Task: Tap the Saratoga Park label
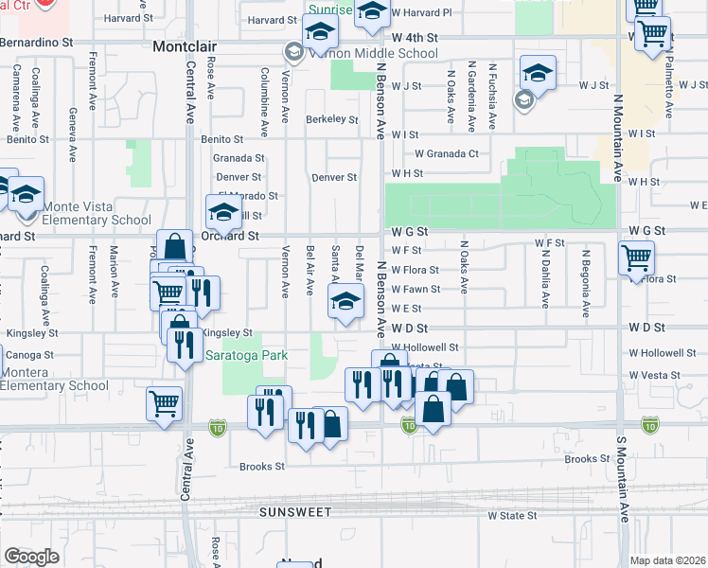tap(245, 356)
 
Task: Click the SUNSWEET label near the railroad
tap(296, 512)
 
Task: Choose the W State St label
tap(512, 516)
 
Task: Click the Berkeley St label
tap(331, 120)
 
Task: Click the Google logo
tap(31, 557)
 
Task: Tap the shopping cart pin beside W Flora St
tap(636, 257)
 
